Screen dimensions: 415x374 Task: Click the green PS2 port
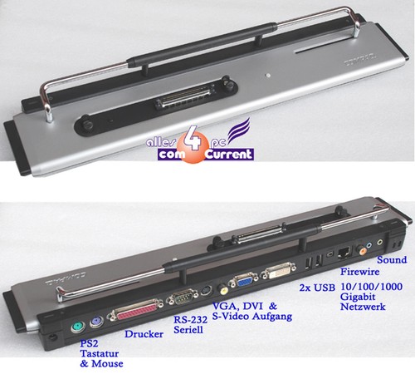tap(77, 327)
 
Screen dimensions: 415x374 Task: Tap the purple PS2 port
tap(97, 322)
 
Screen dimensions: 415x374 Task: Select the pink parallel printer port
tap(136, 310)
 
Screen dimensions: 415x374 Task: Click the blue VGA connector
tap(243, 282)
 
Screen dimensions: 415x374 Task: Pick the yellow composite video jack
tap(223, 288)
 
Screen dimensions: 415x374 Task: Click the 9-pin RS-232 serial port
tap(182, 298)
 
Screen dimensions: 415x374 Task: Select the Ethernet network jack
tap(344, 253)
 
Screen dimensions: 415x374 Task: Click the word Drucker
tap(144, 334)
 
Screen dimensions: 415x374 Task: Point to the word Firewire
tap(359, 272)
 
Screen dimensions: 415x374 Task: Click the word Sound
tap(392, 260)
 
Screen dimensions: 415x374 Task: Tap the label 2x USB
tap(317, 288)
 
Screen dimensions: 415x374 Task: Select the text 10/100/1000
tap(372, 287)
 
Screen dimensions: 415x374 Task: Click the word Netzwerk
tap(363, 307)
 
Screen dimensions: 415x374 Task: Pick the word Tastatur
tap(100, 353)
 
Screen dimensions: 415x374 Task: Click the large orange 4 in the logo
tap(193, 141)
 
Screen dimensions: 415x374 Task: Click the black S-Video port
tap(207, 291)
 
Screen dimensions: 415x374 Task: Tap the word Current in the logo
tap(229, 155)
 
